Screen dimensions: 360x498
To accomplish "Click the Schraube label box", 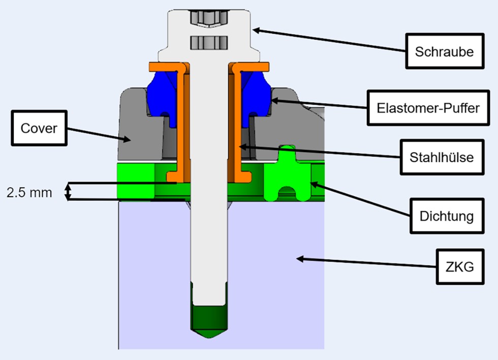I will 444,51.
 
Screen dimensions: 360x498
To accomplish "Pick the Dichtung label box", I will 446,216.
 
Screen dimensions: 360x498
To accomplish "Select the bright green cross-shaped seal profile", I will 287,173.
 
